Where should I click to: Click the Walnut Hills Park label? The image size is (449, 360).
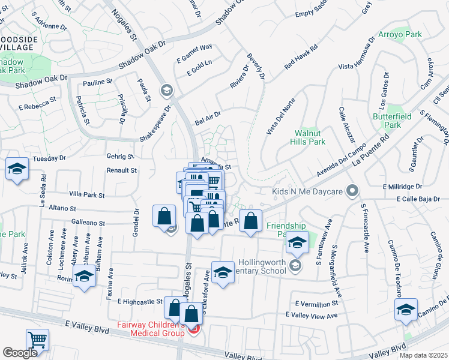click(310, 137)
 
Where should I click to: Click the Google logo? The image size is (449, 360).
click(20, 353)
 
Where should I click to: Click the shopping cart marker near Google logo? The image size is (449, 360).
click(37, 340)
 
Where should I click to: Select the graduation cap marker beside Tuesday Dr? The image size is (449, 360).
click(17, 169)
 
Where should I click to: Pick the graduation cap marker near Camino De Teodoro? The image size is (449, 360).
click(406, 310)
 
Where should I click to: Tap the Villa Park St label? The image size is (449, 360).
click(86, 195)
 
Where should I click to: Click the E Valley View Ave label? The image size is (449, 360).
click(312, 314)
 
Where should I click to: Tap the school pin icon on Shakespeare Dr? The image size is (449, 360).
click(166, 91)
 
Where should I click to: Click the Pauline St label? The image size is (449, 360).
click(98, 82)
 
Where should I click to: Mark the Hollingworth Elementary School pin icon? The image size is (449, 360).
click(295, 265)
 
